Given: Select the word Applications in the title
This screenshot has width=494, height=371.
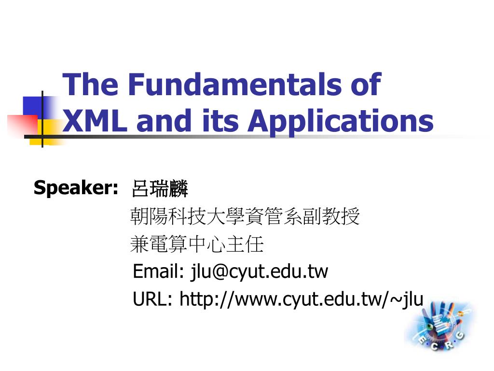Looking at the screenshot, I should [x=340, y=122].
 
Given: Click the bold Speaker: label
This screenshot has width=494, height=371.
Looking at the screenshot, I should [x=76, y=187].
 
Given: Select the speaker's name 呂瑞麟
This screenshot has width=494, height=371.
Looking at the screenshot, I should [x=160, y=188].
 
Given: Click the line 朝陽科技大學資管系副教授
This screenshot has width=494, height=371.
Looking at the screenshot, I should [x=245, y=217].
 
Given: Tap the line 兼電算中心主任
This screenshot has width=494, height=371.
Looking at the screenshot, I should [x=197, y=245].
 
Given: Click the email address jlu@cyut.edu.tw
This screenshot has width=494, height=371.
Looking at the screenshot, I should [x=259, y=272].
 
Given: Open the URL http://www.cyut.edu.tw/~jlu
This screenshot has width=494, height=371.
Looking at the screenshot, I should [x=301, y=300].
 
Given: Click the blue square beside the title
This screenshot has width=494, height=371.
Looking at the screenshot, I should [x=33, y=106].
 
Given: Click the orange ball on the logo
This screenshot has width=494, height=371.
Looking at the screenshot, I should [x=460, y=314].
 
